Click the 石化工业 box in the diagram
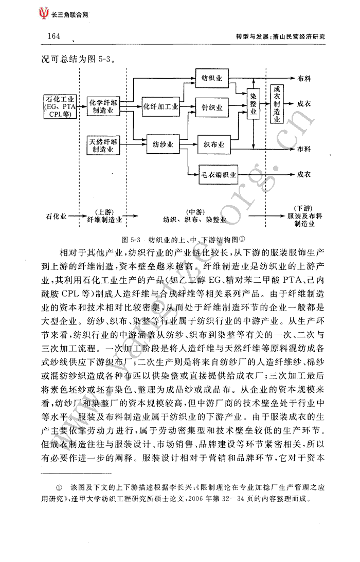(x=60, y=107)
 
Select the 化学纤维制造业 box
(x=103, y=106)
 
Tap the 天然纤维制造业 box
(x=103, y=145)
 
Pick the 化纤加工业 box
(x=160, y=106)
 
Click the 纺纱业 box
(x=163, y=144)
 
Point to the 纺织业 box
(x=211, y=78)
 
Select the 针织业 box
(x=212, y=107)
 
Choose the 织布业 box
(x=214, y=144)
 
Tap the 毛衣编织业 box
(x=219, y=175)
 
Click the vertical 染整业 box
(x=254, y=104)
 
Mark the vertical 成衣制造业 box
(x=277, y=104)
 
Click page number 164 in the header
(x=54, y=36)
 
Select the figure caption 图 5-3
(x=131, y=240)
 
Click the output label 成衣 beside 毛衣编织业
(x=304, y=174)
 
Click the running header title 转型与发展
(x=252, y=37)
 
